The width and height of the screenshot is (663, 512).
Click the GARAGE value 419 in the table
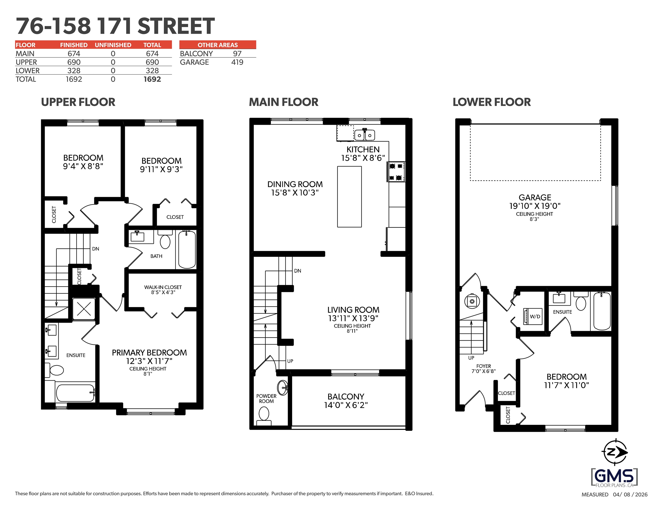click(237, 62)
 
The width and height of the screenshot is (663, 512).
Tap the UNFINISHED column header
click(113, 45)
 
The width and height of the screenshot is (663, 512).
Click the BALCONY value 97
click(237, 54)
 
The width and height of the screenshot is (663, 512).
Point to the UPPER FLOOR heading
click(78, 102)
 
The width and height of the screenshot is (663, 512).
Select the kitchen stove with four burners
click(396, 172)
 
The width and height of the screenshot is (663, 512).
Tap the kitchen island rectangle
click(350, 197)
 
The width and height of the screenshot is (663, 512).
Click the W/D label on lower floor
click(535, 316)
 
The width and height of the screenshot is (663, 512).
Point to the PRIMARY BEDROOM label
click(149, 353)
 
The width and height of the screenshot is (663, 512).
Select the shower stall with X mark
click(84, 309)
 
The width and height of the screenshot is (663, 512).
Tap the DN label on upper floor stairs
click(96, 249)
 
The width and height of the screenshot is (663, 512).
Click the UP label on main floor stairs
click(290, 361)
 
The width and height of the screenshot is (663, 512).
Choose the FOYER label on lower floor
click(483, 366)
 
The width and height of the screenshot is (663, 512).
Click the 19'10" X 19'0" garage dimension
click(534, 206)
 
